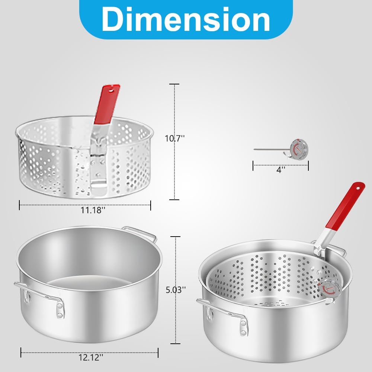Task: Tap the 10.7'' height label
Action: point(174,138)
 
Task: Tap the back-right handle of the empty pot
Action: point(141,232)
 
